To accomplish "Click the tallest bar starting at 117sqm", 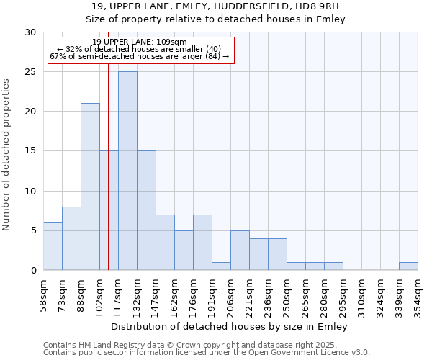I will [127, 171].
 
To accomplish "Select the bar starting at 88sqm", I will [90, 186].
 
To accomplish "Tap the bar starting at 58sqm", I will [53, 246].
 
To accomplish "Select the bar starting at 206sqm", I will [240, 251].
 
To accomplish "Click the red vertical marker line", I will [108, 180].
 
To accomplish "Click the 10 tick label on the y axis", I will [30, 192].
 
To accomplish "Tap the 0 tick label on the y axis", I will [33, 271].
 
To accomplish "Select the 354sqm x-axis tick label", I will [418, 294].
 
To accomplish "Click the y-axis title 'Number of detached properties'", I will [6, 155].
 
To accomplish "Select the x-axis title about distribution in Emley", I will [230, 327].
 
